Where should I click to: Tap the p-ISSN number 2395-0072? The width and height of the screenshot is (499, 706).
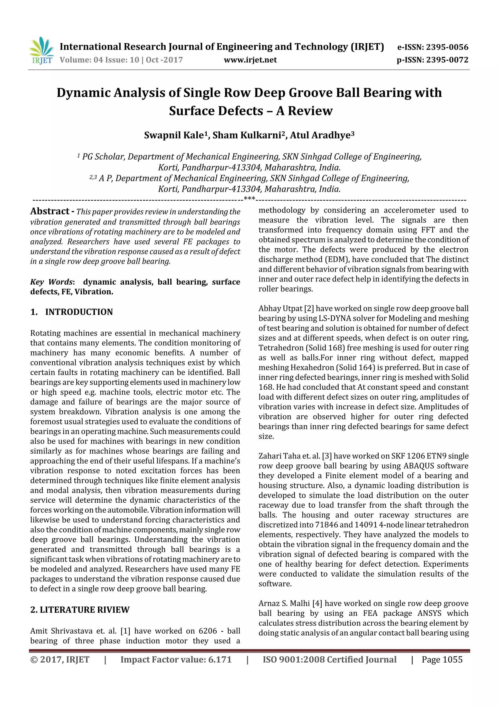[447, 60]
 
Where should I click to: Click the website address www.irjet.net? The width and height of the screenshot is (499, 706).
[250, 60]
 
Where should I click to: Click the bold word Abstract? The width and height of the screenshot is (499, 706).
[50, 211]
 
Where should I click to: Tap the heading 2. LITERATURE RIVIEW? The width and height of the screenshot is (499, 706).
[80, 609]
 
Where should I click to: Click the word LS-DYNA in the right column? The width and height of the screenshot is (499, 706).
[341, 318]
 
